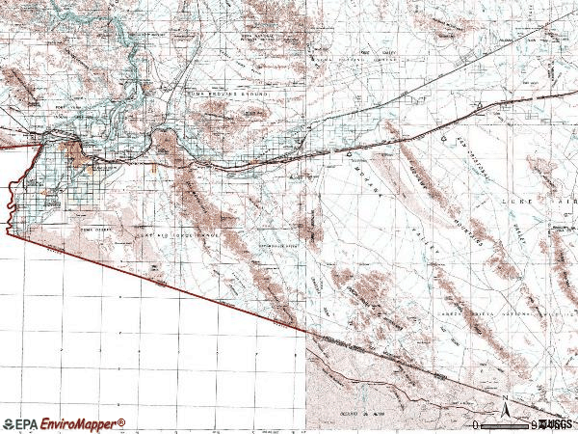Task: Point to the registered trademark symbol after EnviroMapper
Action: [x=122, y=420]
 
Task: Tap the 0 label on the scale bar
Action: [x=476, y=424]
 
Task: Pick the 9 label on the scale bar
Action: [x=535, y=424]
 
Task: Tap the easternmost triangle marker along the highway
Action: [x=479, y=104]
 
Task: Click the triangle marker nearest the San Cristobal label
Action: [x=443, y=138]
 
